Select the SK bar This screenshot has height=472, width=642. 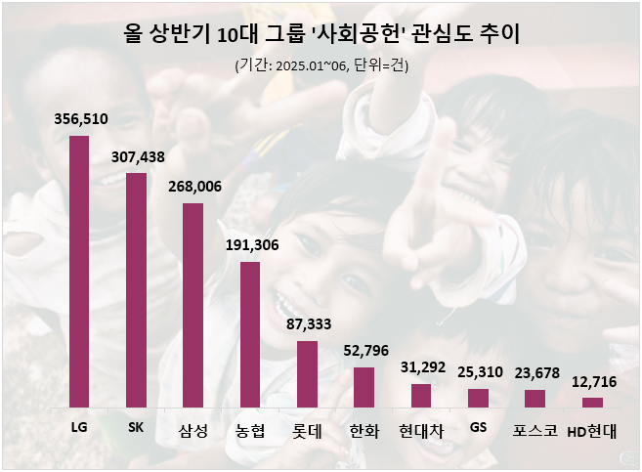point(136,290)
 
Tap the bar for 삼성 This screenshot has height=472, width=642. point(193,305)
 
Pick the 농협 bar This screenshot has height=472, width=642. point(250,334)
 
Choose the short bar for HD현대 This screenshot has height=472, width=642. point(592,402)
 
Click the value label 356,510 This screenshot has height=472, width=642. point(80,119)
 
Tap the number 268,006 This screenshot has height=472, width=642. point(193,187)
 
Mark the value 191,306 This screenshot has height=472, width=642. point(251,245)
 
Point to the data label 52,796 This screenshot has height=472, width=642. point(364,351)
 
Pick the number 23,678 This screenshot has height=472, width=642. point(535,373)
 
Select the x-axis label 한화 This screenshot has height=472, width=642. point(364,430)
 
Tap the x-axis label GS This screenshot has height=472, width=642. point(478,427)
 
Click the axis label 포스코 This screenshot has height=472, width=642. point(535,430)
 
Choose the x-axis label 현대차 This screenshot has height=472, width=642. point(421,430)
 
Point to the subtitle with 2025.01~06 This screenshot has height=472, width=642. point(321,66)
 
